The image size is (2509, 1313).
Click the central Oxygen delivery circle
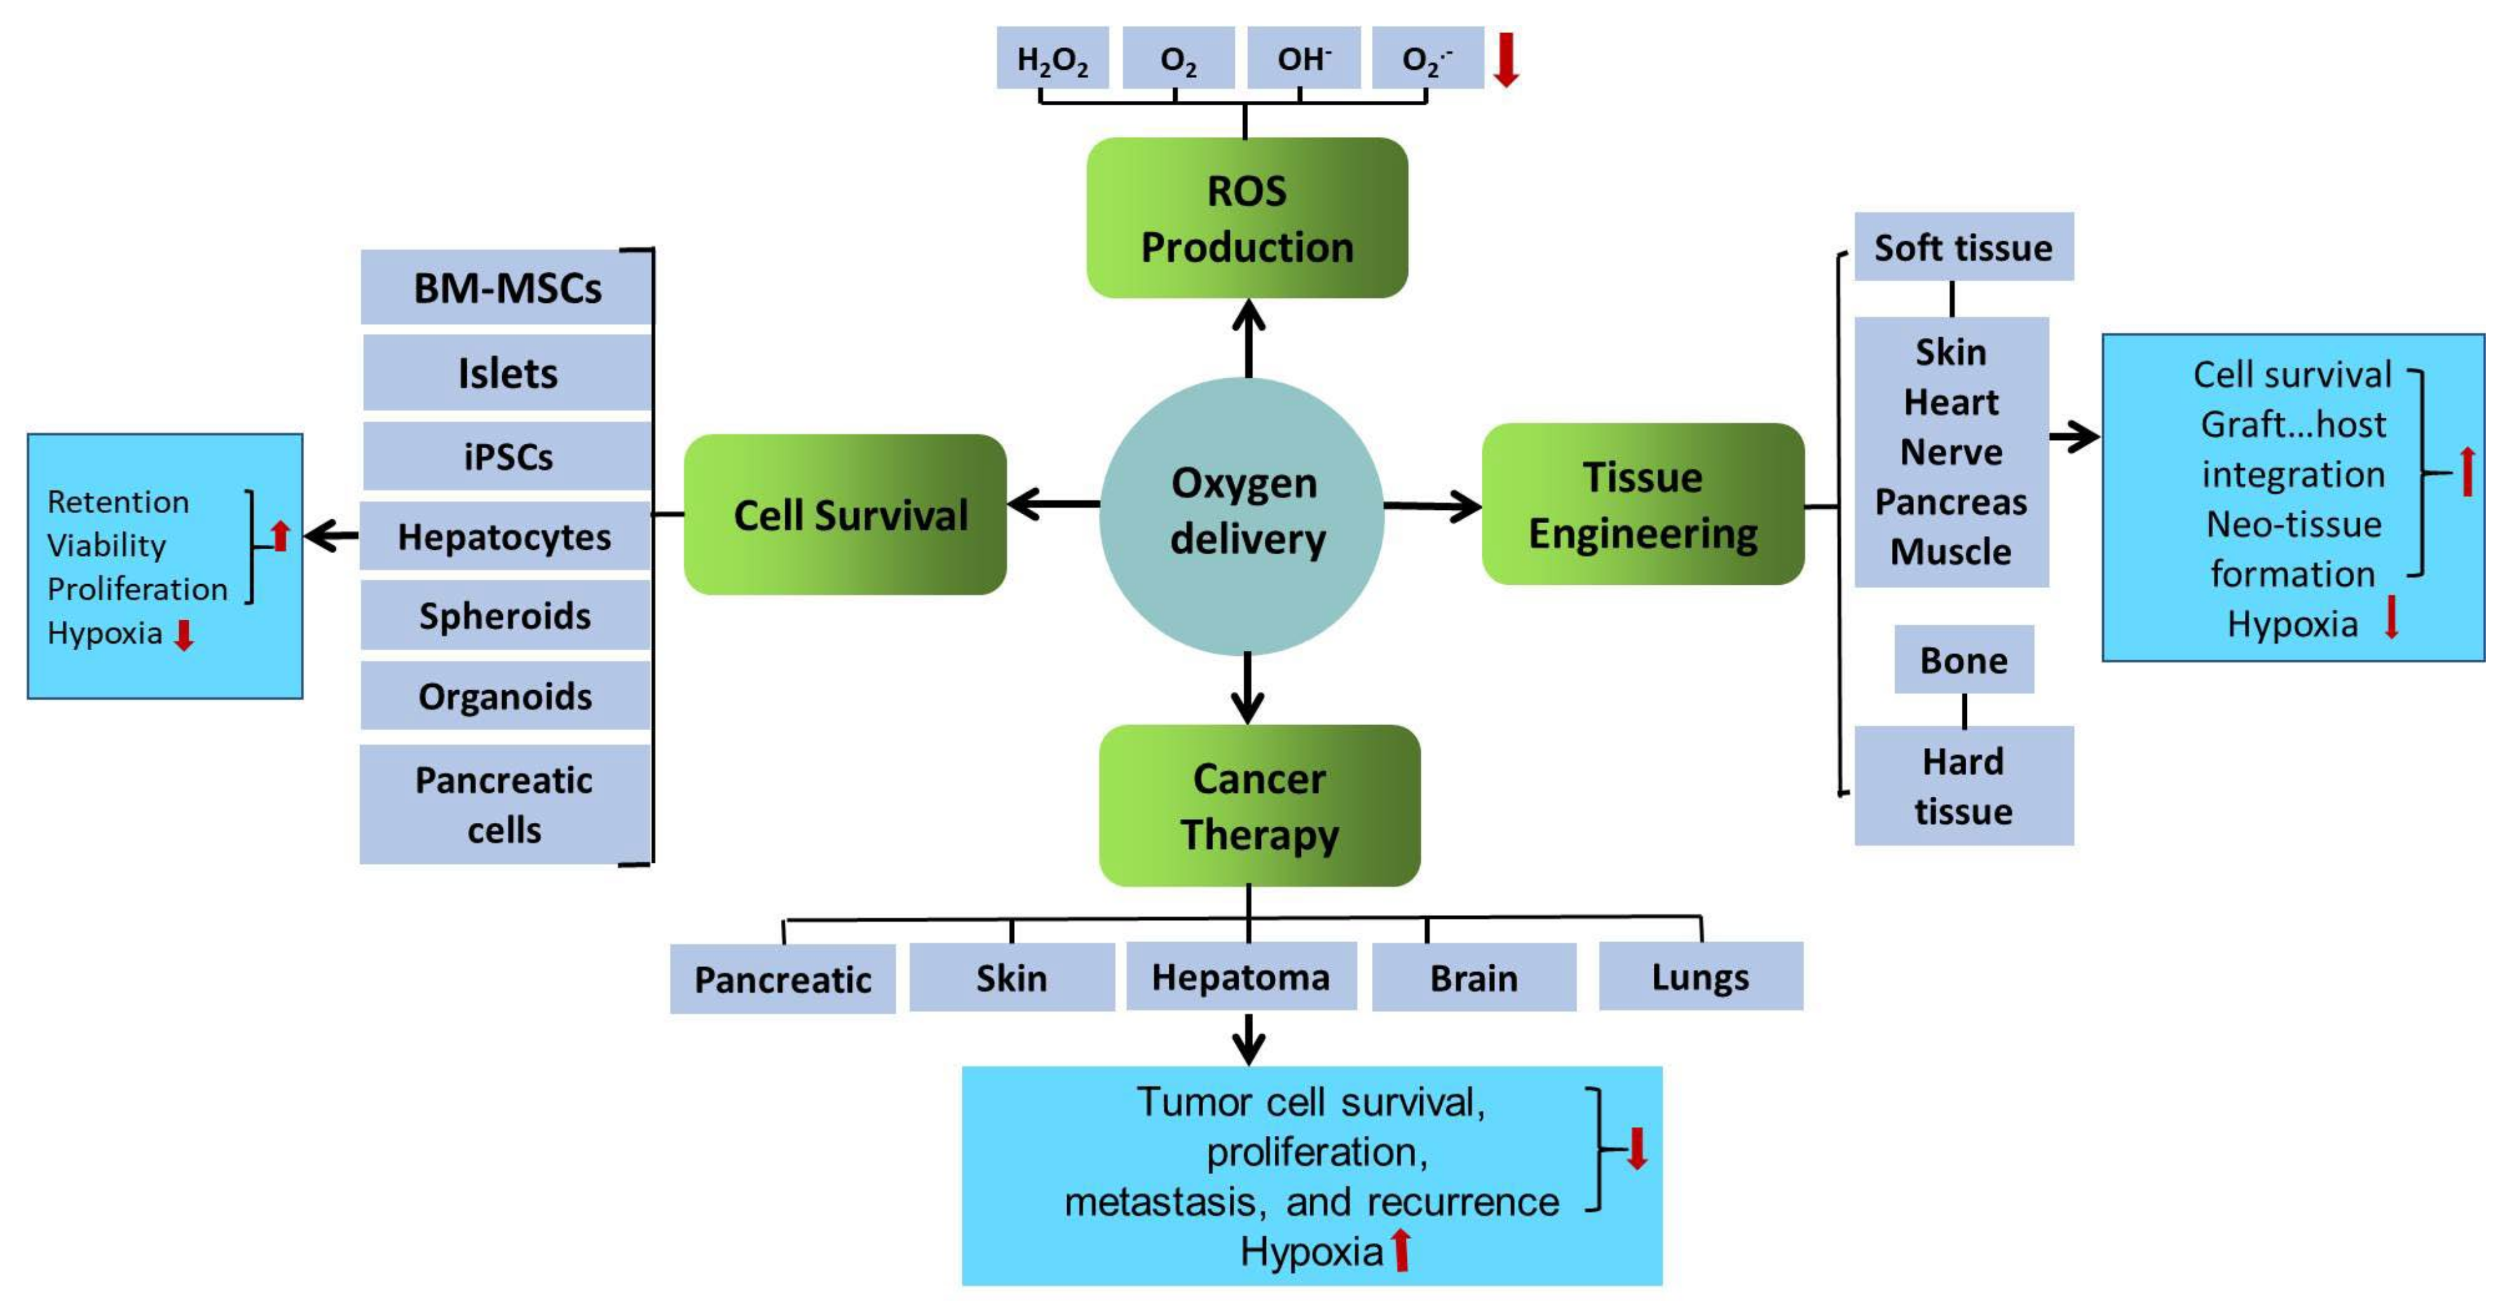(1242, 514)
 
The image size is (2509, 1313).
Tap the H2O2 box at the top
(1052, 58)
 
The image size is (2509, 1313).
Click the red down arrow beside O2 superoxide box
(1506, 58)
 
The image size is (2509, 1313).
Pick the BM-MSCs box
(507, 288)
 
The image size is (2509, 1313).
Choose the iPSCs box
(507, 456)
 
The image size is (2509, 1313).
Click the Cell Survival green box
(846, 514)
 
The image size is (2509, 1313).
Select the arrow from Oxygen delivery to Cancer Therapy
(1248, 690)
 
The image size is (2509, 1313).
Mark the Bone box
(1964, 660)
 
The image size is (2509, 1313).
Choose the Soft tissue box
(1964, 248)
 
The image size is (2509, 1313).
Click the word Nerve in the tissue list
(1951, 452)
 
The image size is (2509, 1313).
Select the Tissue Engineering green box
(1643, 505)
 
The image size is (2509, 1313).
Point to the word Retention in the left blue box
(118, 502)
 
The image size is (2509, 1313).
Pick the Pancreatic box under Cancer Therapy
(782, 979)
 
